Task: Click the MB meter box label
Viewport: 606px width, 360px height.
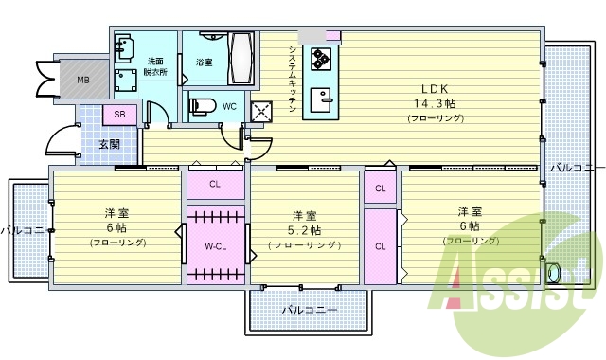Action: (84, 80)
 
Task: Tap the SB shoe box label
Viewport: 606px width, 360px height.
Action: (119, 115)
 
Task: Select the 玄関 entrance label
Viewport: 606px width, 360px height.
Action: (109, 144)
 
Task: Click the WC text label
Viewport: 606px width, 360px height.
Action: (229, 106)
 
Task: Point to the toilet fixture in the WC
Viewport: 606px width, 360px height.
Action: (203, 105)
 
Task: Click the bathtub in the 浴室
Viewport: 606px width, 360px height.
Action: (241, 59)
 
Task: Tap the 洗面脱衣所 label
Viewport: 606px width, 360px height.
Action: (157, 67)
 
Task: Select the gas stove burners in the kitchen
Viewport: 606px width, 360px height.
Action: (320, 59)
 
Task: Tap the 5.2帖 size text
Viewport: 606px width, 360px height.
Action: (305, 230)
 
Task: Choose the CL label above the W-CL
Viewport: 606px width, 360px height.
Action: (215, 184)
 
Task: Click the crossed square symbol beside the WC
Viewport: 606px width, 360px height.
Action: (260, 111)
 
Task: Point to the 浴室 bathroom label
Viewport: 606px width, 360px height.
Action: (204, 62)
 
